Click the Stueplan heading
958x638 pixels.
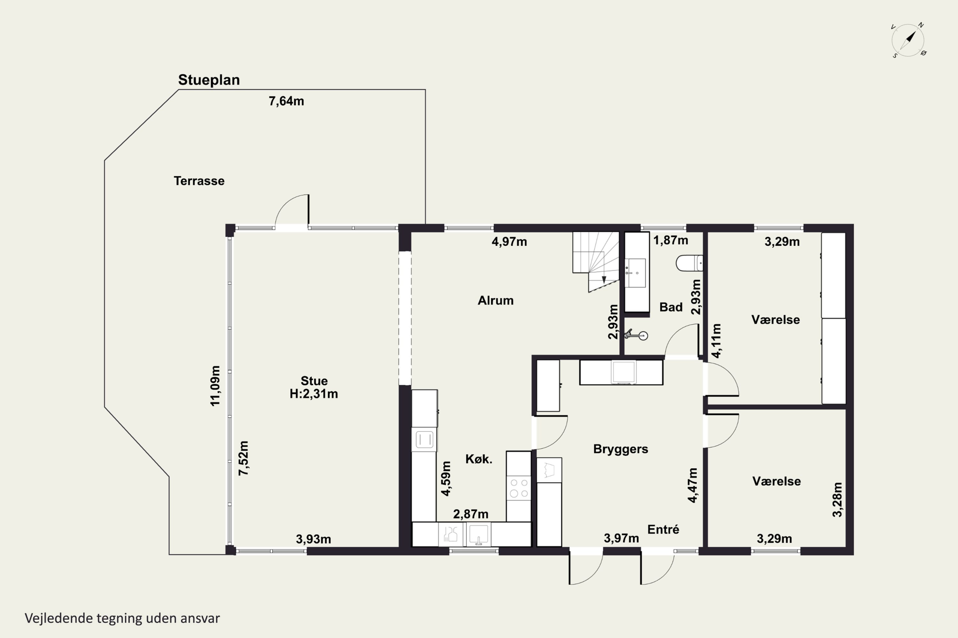209,80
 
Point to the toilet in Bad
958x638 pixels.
689,263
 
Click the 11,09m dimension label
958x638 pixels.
215,386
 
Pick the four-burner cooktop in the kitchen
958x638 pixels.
519,488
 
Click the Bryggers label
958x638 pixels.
620,449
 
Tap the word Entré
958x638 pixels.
663,529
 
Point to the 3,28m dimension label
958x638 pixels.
837,500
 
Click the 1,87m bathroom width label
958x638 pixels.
671,241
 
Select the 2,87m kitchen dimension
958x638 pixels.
471,514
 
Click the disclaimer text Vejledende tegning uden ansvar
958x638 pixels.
122,619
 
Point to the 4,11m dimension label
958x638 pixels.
717,341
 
